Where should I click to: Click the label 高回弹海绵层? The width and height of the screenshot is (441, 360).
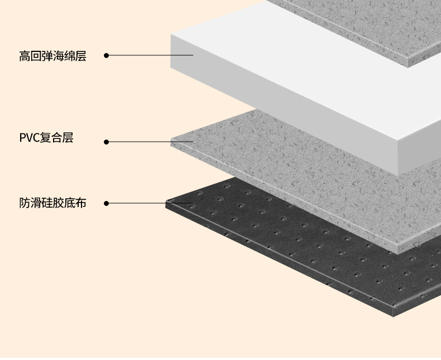point(52,56)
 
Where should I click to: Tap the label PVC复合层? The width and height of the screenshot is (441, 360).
point(46,138)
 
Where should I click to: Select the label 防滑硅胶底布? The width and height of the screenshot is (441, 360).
point(52,203)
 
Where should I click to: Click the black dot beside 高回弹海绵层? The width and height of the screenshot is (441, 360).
point(107,55)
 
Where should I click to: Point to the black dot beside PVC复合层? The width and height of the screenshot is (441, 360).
point(107,142)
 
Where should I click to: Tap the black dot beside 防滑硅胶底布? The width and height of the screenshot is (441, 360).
point(107,203)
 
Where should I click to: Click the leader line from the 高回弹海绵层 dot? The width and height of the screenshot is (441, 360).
point(151,55)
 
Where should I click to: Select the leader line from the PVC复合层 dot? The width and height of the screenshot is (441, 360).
point(140,142)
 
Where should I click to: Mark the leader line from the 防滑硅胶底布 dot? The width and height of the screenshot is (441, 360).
point(140,203)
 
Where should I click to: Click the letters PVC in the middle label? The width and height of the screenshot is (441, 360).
point(27,138)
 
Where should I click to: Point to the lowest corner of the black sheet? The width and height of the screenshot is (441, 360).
point(394,316)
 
